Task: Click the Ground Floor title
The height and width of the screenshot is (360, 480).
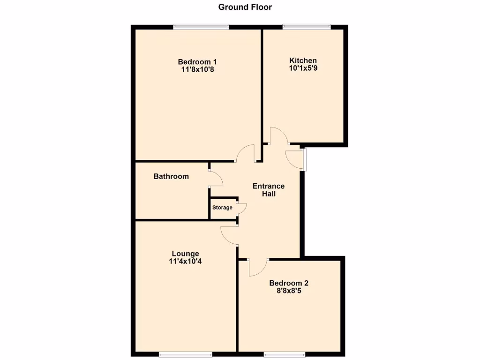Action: coord(245,7)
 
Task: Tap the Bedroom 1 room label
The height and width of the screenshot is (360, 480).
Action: coord(197,61)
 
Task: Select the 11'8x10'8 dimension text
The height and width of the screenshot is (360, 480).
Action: coord(197,69)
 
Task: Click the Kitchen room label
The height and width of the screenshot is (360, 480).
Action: coord(303,60)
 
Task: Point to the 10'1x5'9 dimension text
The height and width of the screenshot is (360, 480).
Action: coord(303,68)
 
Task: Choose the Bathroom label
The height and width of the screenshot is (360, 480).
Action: coord(171,177)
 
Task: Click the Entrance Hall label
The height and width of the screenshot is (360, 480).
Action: coord(269,190)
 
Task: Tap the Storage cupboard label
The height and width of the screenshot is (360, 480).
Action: coord(222,208)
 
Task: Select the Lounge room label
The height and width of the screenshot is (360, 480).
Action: coord(185,254)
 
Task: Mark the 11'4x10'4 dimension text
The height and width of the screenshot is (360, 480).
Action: coord(185,262)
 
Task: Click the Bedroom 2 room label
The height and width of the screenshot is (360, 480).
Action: coord(289,283)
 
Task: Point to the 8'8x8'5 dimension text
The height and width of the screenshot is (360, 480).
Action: coord(289,291)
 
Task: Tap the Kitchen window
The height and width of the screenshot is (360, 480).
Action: coord(307,27)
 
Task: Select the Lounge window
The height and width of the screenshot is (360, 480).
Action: coord(185,354)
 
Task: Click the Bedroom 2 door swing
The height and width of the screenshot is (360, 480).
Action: coord(257,268)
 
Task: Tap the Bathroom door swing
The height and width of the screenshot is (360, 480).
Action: coord(215,179)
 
